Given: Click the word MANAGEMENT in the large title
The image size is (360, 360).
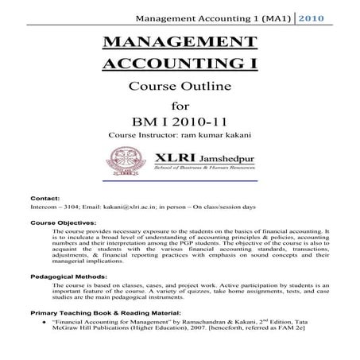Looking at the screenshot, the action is tap(180, 46).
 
